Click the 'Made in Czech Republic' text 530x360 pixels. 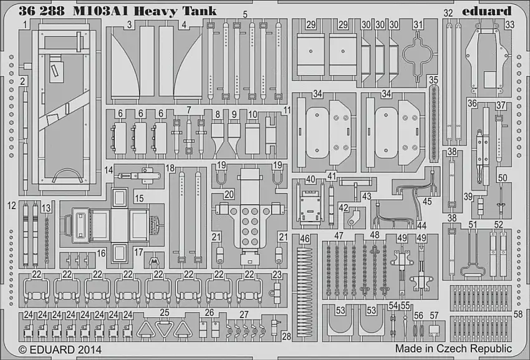point(453,349)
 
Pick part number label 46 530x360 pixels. point(304,238)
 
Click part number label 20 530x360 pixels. point(229,194)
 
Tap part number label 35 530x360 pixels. point(433,80)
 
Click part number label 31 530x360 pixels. point(418,24)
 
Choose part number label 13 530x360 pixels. point(46,208)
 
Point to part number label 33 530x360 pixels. point(509,25)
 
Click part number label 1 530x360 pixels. point(24,24)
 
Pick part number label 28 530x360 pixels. point(286,336)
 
